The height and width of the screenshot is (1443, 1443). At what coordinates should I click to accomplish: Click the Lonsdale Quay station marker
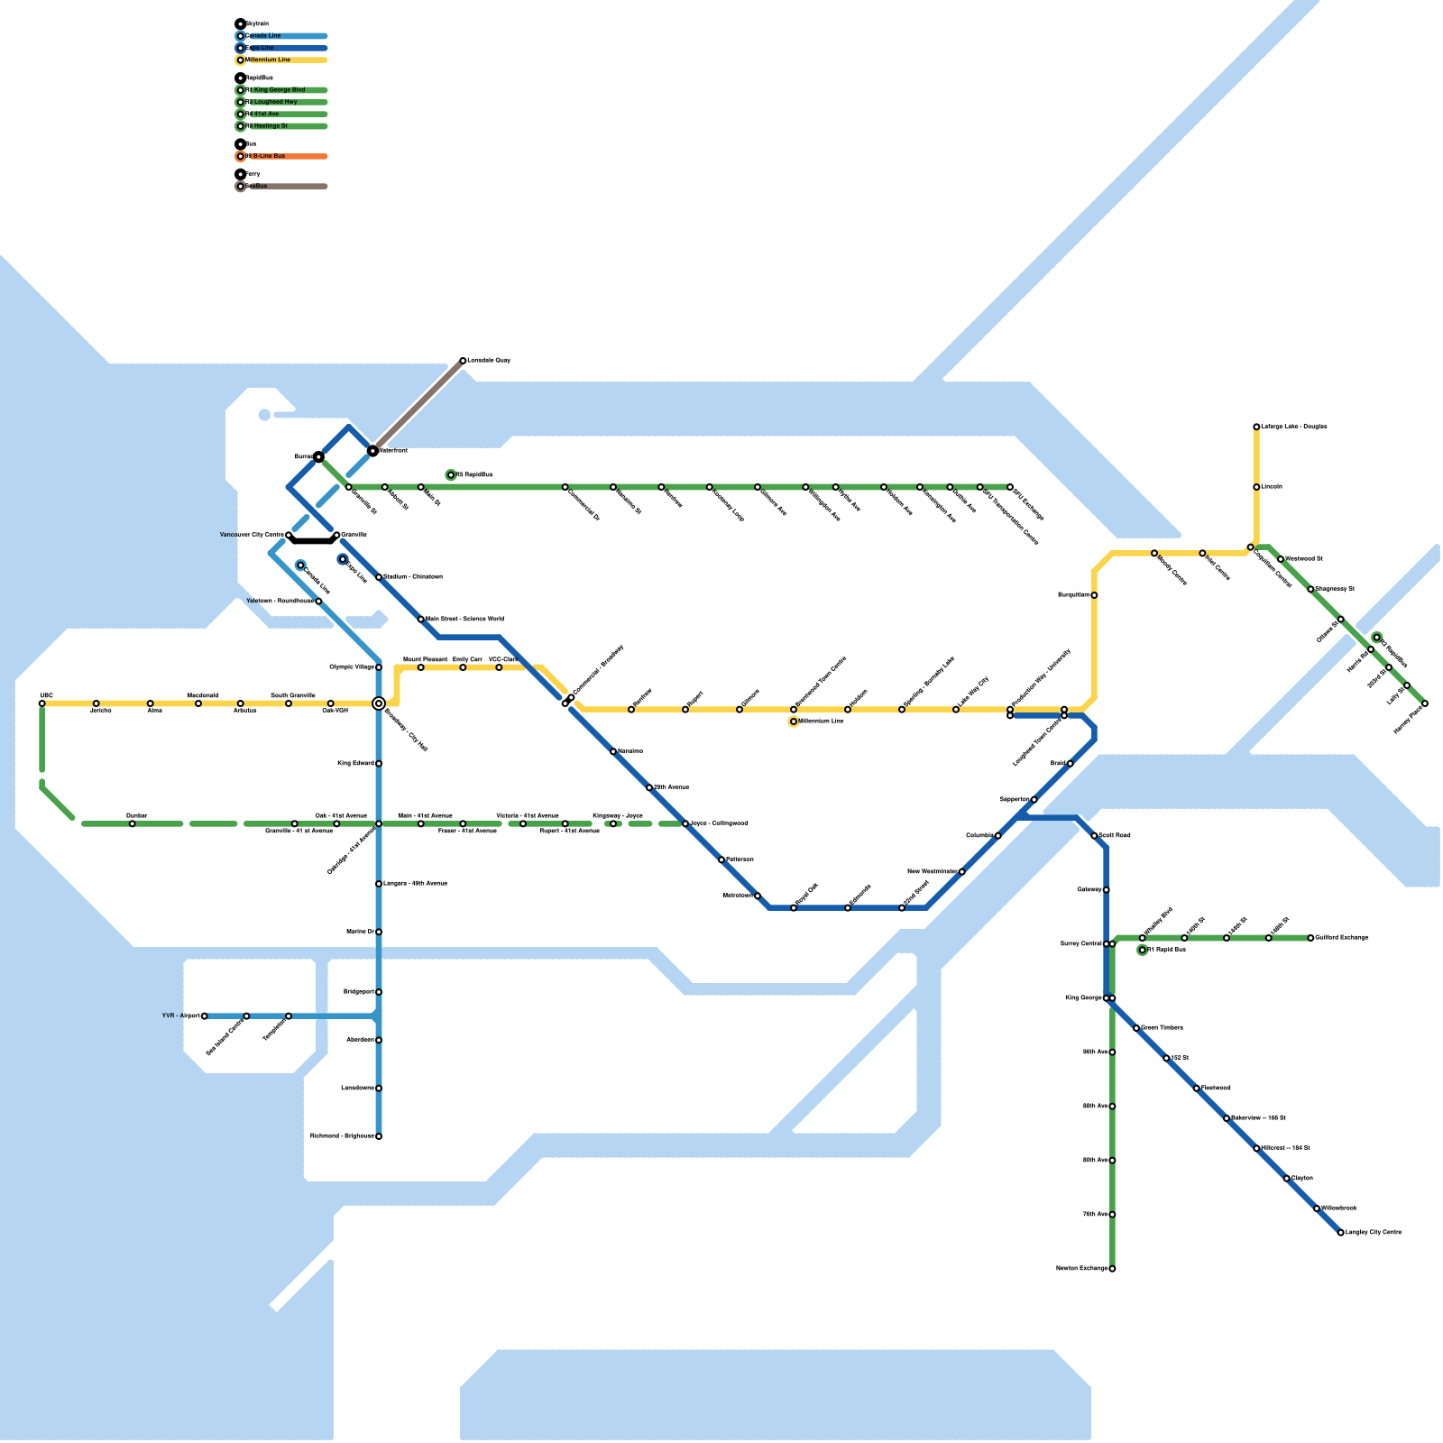tap(463, 361)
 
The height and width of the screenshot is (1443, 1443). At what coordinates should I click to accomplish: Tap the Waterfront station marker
tap(372, 450)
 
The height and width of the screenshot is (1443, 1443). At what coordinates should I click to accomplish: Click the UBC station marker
tap(41, 703)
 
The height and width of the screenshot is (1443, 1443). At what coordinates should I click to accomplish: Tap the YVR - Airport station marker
tap(205, 1016)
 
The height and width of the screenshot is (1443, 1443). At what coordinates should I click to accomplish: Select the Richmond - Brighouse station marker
tap(379, 1136)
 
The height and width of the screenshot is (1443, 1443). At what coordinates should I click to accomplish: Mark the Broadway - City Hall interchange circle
tap(379, 703)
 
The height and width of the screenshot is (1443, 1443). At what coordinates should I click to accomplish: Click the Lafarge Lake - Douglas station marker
tap(1256, 427)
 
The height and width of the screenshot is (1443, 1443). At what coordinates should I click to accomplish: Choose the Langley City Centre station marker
tap(1340, 1233)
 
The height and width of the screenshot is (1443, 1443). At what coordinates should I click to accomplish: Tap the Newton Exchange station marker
tap(1112, 1269)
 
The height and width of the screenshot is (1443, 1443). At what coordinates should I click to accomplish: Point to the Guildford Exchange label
tap(1342, 938)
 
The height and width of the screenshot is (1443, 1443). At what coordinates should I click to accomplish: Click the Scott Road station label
tap(1115, 836)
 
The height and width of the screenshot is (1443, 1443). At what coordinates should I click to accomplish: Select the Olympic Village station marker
tap(379, 667)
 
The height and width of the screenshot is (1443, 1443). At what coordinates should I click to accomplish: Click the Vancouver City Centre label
tap(252, 535)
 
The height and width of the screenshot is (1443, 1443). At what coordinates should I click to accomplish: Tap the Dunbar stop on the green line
tap(133, 823)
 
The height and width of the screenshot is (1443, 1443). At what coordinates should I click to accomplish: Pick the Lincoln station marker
tap(1256, 487)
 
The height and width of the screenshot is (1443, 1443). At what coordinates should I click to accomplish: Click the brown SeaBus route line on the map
tap(418, 406)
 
